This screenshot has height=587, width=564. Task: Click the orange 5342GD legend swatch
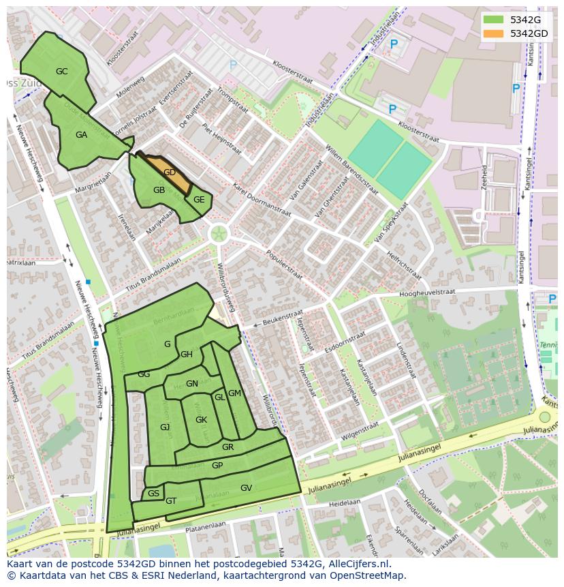tap(495, 33)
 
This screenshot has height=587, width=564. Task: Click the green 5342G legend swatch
tap(495, 20)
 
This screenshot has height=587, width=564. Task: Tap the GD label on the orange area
tap(170, 172)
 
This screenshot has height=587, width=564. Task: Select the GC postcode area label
tap(62, 72)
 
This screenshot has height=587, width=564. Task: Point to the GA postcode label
tap(81, 135)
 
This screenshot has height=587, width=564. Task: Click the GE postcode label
tap(199, 200)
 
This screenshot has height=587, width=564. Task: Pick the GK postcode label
tap(201, 420)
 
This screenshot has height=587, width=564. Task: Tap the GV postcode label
tap(246, 488)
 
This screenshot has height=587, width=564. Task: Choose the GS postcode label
tap(153, 494)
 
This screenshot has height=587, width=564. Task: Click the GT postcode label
tap(171, 501)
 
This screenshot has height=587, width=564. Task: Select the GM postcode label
tap(234, 393)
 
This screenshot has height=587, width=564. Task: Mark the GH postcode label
tap(187, 355)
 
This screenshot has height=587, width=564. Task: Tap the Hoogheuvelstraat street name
tap(427, 292)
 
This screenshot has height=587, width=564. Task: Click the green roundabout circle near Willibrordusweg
tap(219, 235)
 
